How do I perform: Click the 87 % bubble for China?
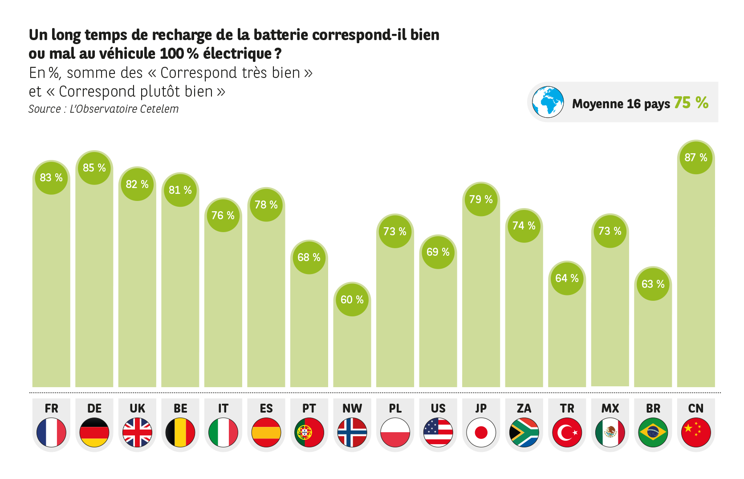[696, 158]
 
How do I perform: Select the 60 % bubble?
[352, 300]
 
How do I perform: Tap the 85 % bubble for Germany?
[94, 168]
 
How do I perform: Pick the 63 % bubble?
[653, 284]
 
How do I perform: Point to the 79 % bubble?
[481, 200]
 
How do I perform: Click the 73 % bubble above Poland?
[395, 232]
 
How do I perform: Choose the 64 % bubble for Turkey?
[567, 278]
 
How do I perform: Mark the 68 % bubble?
[309, 258]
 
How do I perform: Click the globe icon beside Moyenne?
[548, 102]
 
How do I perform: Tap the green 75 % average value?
[691, 103]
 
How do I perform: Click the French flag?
[51, 432]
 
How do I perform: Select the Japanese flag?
[481, 432]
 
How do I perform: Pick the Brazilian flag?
[653, 432]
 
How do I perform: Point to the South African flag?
[524, 432]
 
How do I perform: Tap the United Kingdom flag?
[137, 432]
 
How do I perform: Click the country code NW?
[352, 409]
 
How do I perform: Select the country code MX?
[610, 409]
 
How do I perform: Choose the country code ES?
[266, 409]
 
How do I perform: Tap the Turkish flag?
[567, 432]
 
